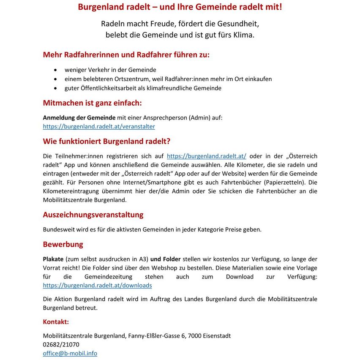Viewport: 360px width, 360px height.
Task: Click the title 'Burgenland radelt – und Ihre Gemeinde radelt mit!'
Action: [180, 7]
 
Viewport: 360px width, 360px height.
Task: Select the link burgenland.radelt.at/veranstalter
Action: [99, 126]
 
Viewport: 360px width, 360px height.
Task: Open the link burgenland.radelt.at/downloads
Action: [97, 285]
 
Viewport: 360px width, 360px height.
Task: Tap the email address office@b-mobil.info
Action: [70, 353]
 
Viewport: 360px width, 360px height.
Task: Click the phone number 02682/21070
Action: [61, 344]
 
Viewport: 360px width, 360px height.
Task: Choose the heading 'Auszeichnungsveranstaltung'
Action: [93, 215]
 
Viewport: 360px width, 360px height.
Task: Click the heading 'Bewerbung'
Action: [63, 245]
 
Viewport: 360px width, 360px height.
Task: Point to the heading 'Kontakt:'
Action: [56, 322]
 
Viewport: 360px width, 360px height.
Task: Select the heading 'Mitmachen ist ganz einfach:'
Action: [92, 103]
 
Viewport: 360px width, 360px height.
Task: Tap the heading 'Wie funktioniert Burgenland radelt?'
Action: [106, 141]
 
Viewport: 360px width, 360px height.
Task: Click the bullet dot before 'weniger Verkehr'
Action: [56, 70]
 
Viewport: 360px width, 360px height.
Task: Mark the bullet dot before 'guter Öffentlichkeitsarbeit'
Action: [56, 88]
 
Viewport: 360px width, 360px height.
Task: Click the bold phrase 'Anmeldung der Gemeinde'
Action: [79, 117]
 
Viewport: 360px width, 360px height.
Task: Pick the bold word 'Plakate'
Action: [53, 259]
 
